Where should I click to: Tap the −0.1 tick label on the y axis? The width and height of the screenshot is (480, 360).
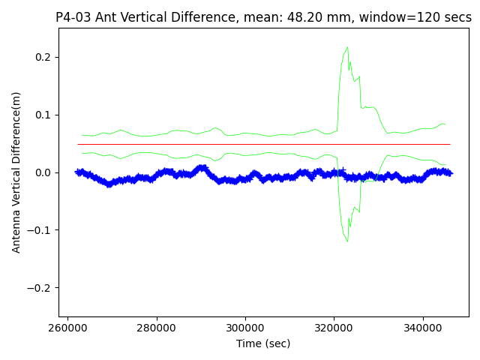40,230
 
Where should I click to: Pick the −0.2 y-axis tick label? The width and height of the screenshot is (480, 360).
40,288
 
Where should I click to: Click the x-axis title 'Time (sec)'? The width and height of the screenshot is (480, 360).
263,343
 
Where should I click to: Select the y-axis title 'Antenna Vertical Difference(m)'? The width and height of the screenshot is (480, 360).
16,172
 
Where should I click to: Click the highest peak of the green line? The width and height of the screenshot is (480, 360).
347,47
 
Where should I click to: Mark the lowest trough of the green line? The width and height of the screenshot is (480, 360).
347,241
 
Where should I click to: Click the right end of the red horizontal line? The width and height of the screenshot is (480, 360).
450,144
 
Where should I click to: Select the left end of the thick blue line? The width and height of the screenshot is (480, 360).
76,172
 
